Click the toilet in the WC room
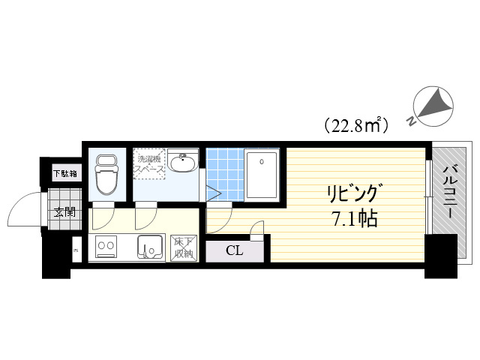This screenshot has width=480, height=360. (x=106, y=175)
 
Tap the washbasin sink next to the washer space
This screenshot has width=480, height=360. (x=182, y=163)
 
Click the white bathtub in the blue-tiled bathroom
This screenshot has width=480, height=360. (x=262, y=175)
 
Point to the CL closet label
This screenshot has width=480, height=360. (x=235, y=250)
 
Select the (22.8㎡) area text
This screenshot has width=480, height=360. (x=355, y=124)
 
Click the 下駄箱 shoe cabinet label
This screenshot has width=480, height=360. (x=64, y=174)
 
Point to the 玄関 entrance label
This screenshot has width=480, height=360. (x=64, y=212)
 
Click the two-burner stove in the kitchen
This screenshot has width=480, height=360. (x=106, y=246)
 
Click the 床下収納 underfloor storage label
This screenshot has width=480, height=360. (x=184, y=247)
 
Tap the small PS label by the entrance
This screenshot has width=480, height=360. (x=75, y=250)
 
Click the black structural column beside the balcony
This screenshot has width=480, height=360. (x=440, y=256)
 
